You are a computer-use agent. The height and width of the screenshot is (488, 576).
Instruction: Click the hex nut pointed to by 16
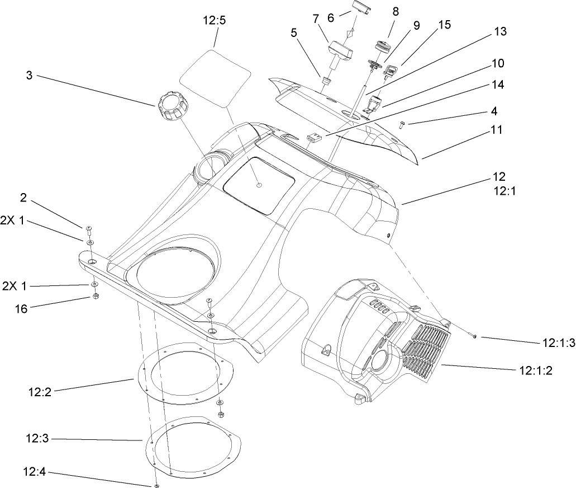pos(95,295)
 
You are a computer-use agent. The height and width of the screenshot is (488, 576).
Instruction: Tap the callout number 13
pos(500,32)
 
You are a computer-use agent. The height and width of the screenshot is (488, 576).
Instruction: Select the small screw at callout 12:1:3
pos(474,336)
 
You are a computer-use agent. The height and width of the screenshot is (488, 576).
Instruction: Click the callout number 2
pos(24,197)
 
